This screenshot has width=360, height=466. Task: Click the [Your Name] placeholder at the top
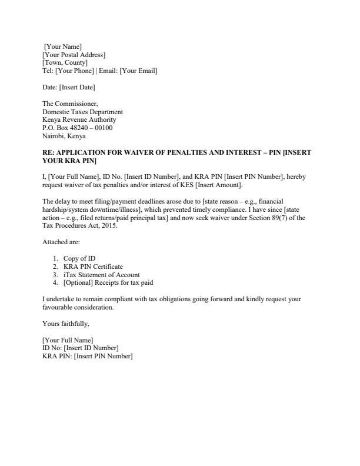point(63,46)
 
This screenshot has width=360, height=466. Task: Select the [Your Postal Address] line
point(74,55)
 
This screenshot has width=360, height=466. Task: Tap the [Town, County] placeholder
point(65,63)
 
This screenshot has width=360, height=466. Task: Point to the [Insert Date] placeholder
point(77,88)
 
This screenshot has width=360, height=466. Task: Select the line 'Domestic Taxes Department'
point(83,112)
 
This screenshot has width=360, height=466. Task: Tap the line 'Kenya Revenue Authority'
point(79,120)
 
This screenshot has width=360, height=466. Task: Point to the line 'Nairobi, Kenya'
point(64,136)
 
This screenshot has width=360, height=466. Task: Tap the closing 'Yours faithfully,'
point(66,324)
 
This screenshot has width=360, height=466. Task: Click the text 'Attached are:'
point(62,242)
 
